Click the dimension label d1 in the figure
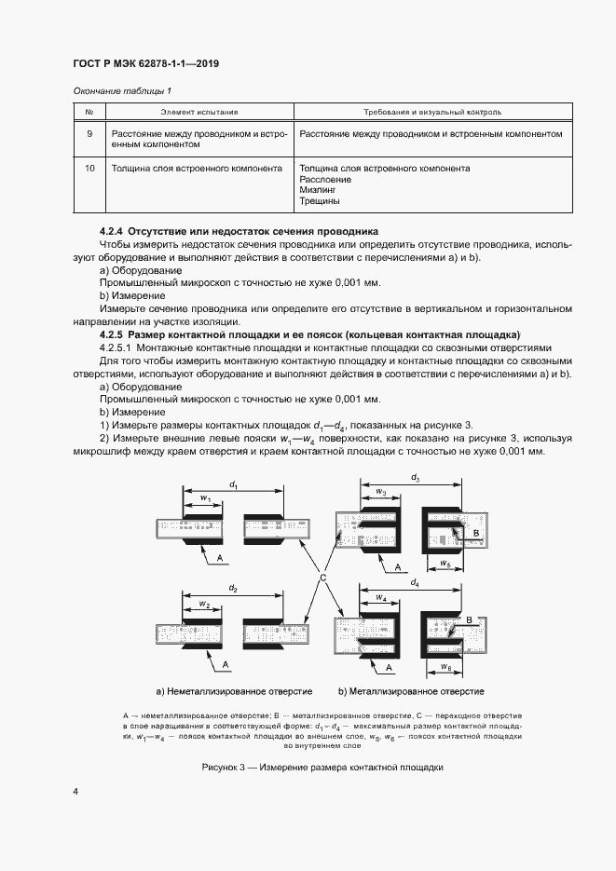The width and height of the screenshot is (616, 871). (x=235, y=485)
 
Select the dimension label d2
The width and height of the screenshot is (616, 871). (x=233, y=590)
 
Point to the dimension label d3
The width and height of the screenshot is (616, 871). (x=415, y=477)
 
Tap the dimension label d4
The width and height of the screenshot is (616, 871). (x=415, y=581)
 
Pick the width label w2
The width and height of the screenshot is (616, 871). (x=204, y=604)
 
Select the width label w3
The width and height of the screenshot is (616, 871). (x=380, y=491)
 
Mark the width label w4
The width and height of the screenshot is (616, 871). (x=380, y=595)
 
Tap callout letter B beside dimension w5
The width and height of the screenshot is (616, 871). (x=475, y=533)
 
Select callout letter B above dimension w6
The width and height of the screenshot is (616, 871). (x=470, y=619)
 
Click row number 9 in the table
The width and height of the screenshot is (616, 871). (x=89, y=133)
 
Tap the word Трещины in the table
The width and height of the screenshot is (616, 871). (x=320, y=200)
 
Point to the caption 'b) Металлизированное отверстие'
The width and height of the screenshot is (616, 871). (x=412, y=691)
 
